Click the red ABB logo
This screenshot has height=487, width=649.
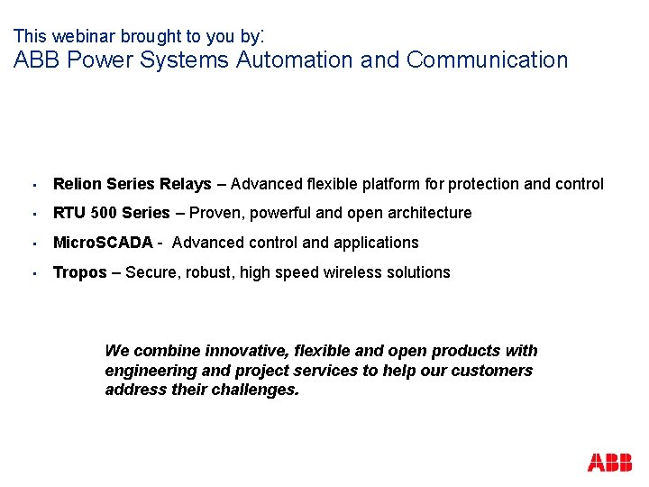(609, 463)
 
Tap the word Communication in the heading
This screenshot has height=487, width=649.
(487, 60)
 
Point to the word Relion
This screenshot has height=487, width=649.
(78, 184)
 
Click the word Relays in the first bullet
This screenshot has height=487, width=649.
(187, 184)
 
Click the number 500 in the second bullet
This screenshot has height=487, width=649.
(104, 213)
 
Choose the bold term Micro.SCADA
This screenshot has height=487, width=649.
(103, 243)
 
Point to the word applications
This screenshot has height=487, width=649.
(377, 243)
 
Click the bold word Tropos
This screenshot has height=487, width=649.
(80, 272)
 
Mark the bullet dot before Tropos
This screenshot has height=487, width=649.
(32, 273)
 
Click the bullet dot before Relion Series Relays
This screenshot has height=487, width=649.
(32, 185)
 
